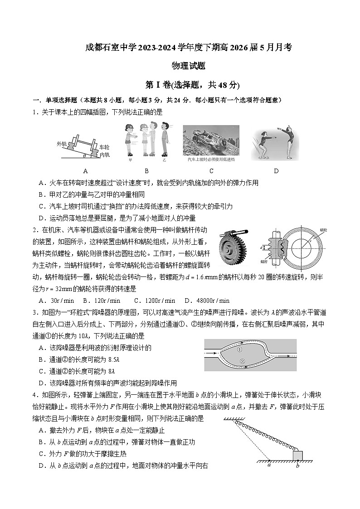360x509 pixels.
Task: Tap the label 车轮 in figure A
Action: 104,147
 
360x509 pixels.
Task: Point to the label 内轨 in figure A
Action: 104,155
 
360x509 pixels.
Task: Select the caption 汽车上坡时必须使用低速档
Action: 211,160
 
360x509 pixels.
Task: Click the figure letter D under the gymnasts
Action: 276,171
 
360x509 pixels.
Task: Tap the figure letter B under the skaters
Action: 146,171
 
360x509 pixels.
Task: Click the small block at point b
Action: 297,455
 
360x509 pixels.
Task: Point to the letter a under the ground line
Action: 269,465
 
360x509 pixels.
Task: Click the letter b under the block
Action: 297,465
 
